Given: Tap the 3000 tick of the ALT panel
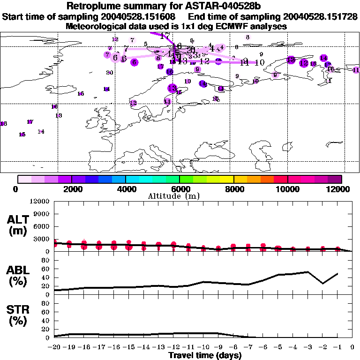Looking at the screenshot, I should click(x=42, y=239).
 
